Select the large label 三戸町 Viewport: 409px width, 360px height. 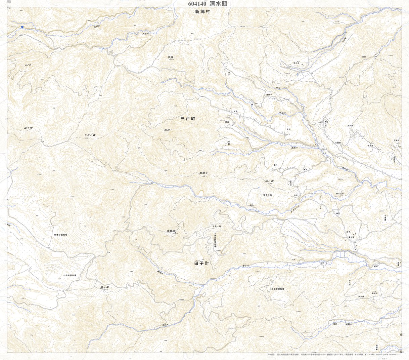click(x=188, y=119)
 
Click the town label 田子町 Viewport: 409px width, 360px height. click(x=201, y=264)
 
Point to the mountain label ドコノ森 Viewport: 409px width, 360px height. click(x=90, y=135)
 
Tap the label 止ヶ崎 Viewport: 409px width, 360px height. click(x=29, y=128)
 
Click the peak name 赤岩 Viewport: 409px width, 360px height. click(x=167, y=130)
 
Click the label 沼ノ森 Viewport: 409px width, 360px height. click(x=270, y=181)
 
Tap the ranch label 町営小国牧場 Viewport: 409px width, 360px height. click(x=61, y=235)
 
